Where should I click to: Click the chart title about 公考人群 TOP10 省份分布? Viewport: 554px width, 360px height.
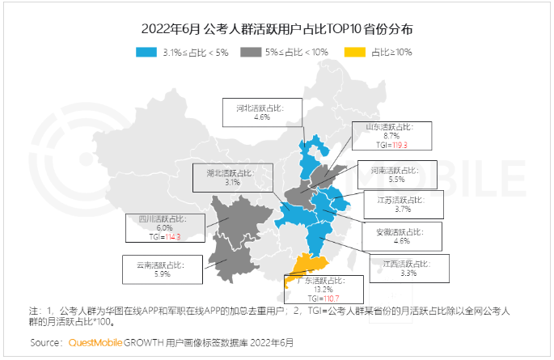click(277, 29)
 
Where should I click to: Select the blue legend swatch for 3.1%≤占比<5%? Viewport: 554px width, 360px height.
click(146, 52)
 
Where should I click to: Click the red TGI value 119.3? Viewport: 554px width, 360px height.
click(402, 145)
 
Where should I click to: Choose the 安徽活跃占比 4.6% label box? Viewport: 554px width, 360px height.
click(400, 235)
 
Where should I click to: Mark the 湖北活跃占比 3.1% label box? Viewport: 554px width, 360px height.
click(233, 177)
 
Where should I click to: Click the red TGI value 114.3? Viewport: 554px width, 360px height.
click(170, 238)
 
